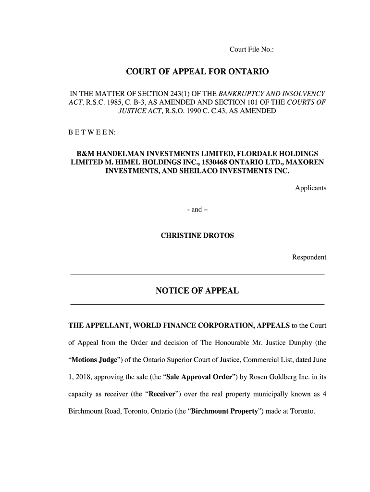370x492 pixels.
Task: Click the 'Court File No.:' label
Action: [x=251, y=49]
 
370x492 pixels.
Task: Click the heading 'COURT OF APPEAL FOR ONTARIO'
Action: [x=197, y=72]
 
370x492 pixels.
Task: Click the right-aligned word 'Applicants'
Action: [x=310, y=188]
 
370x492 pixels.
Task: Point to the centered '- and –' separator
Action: [x=197, y=209]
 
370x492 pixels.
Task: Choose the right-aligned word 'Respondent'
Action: [x=309, y=258]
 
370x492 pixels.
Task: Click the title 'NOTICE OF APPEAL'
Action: [x=197, y=291]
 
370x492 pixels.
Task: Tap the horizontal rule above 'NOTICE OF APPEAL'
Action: [x=197, y=274]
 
